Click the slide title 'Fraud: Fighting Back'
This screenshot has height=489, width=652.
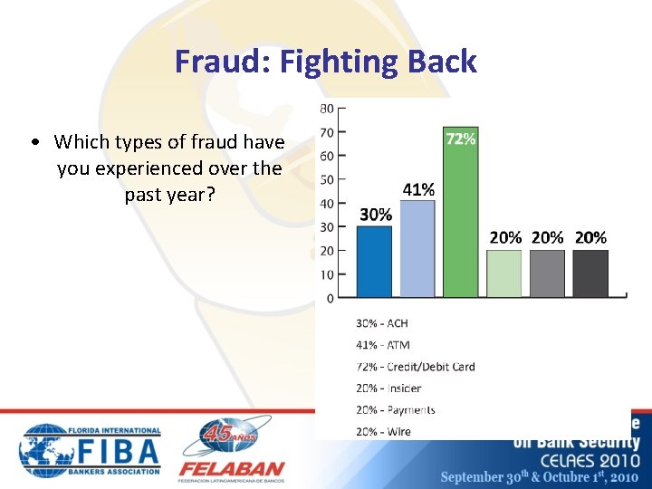pyautogui.click(x=326, y=62)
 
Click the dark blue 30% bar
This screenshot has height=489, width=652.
pyautogui.click(x=374, y=262)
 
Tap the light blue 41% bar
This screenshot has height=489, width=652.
pyautogui.click(x=417, y=249)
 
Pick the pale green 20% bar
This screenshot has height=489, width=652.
pyautogui.click(x=504, y=273)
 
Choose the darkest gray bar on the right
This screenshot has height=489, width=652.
pyautogui.click(x=590, y=273)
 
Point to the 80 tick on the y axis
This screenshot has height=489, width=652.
pyautogui.click(x=326, y=109)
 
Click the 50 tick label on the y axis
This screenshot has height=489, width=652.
pyautogui.click(x=326, y=179)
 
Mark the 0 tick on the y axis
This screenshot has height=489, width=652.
pyautogui.click(x=330, y=298)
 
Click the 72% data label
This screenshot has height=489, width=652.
pyautogui.click(x=460, y=139)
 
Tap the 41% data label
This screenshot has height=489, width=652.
pyautogui.click(x=417, y=189)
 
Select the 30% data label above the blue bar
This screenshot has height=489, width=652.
pyautogui.click(x=375, y=215)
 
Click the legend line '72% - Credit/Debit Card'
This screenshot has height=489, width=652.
pyautogui.click(x=415, y=367)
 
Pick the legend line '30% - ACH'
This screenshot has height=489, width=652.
pyautogui.click(x=381, y=323)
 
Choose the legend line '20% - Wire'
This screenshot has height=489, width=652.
pyautogui.click(x=383, y=432)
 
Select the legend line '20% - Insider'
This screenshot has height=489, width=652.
pyautogui.click(x=388, y=388)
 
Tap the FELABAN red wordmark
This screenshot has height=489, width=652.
pyautogui.click(x=231, y=470)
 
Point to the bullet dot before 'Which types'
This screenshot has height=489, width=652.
pyautogui.click(x=33, y=142)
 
